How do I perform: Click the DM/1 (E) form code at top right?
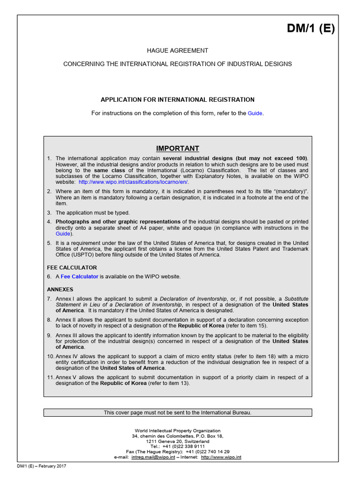pyautogui.click(x=311, y=29)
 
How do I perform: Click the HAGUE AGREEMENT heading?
pyautogui.click(x=178, y=51)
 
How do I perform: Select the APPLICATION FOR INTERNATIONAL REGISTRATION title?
pyautogui.click(x=178, y=99)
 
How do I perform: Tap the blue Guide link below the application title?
pyautogui.click(x=255, y=113)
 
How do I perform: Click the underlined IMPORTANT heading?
pyautogui.click(x=178, y=148)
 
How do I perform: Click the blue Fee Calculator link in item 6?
pyautogui.click(x=79, y=277)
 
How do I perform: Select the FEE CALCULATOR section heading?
pyautogui.click(x=72, y=267)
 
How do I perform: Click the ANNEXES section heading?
pyautogui.click(x=60, y=289)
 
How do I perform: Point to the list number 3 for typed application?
pyautogui.click(x=49, y=212)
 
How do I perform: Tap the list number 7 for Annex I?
pyautogui.click(x=49, y=299)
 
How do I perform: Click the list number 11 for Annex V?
pyautogui.click(x=51, y=377)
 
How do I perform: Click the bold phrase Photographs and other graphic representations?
pyautogui.click(x=118, y=221)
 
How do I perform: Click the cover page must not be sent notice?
pyautogui.click(x=178, y=412)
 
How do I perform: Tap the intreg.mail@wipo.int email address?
pyautogui.click(x=150, y=457)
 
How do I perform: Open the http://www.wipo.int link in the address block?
pyautogui.click(x=221, y=457)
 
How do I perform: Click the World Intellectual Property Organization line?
pyautogui.click(x=178, y=430)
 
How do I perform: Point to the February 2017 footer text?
pyautogui.click(x=52, y=466)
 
